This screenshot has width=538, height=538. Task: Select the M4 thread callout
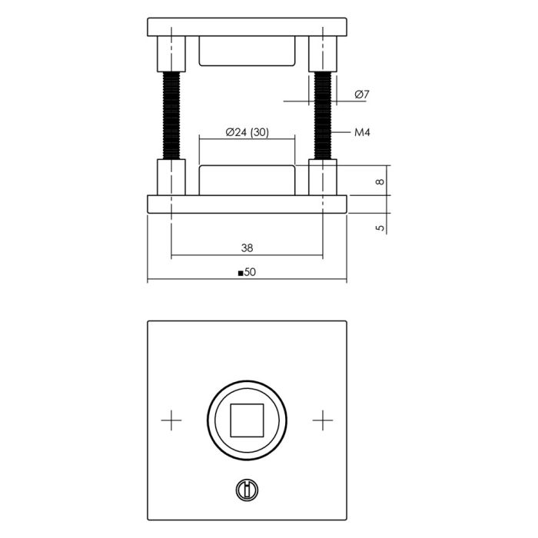coord(363,133)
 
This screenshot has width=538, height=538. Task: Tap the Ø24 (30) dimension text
coord(247,132)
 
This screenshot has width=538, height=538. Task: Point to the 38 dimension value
coord(247,247)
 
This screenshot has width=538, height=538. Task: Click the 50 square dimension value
coord(250,272)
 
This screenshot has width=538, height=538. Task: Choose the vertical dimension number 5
coord(379,227)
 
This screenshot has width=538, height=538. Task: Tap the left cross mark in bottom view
coord(171,420)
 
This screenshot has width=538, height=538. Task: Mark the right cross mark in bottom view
coord(324,420)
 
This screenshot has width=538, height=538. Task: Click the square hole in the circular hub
coord(247,420)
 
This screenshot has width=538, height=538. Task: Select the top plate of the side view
coord(247,27)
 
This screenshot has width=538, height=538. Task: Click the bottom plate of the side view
coord(247,204)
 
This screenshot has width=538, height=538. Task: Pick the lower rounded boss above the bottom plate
coord(247,180)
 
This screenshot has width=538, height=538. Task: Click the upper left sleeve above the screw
coord(171,54)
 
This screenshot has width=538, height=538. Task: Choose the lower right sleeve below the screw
coord(323,178)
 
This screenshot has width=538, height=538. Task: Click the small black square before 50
coord(241,273)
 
